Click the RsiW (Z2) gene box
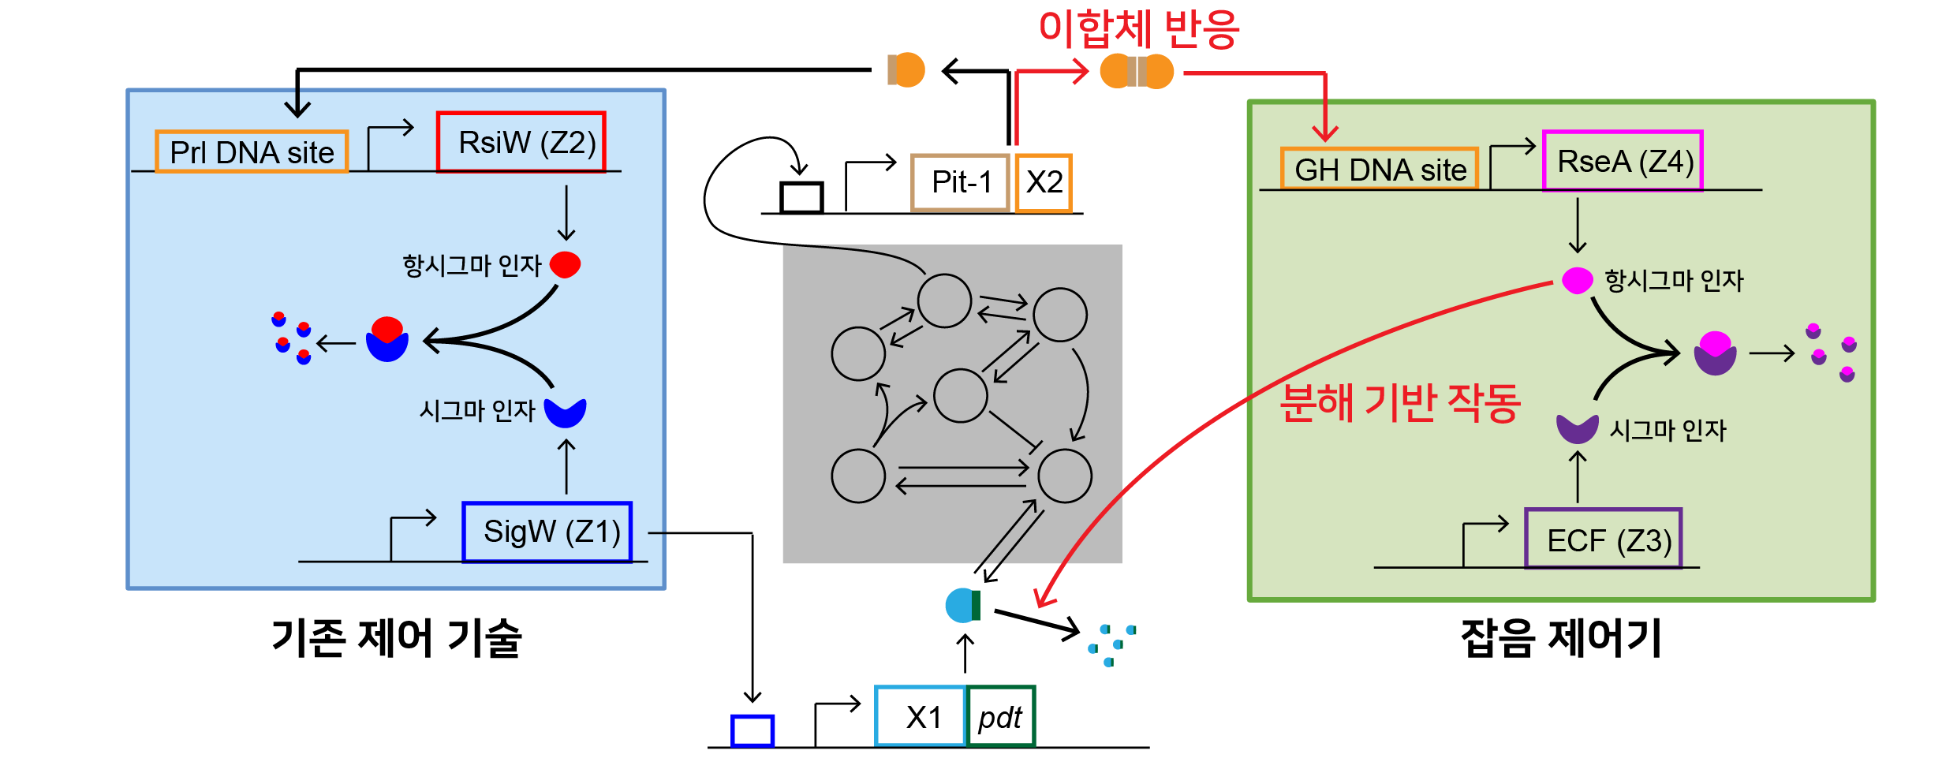521,142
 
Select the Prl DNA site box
252,151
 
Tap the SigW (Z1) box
547,532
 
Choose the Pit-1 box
960,182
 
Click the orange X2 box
1044,182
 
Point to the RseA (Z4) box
1623,161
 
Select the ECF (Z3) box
1603,540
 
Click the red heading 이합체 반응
1138,29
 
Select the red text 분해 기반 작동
1399,403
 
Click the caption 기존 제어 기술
396,637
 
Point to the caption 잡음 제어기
1561,637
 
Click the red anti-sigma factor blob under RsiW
566,264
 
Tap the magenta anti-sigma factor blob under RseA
1578,280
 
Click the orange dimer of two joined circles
1137,72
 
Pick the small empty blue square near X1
752,730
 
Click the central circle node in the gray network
960,395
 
